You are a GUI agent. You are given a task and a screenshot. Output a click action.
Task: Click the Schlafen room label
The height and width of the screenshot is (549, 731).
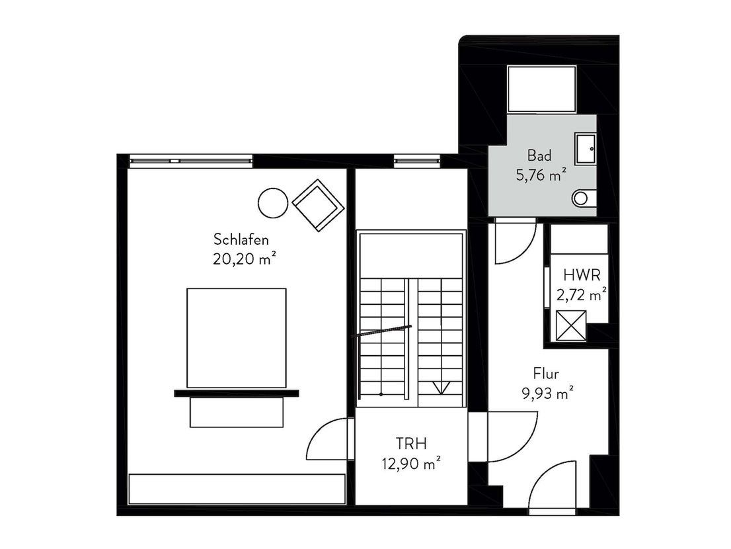(241, 239)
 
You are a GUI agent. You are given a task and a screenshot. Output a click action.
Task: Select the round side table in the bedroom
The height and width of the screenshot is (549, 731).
(273, 202)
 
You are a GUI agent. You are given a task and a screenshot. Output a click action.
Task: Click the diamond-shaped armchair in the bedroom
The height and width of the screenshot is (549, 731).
(319, 205)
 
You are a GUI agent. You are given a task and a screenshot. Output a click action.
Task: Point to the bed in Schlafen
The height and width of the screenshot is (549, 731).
(237, 338)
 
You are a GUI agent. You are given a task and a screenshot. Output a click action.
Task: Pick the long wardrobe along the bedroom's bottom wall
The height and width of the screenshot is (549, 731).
(237, 489)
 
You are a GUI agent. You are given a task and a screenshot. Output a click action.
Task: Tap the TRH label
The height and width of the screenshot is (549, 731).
(411, 443)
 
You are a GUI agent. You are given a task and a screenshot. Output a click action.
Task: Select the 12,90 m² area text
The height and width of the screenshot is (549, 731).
(411, 463)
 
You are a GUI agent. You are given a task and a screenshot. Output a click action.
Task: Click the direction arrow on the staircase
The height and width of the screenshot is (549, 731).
(441, 388)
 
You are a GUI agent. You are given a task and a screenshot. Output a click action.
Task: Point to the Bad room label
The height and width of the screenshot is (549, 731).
(539, 155)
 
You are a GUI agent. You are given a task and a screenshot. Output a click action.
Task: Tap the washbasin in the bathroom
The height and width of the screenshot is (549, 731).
(585, 149)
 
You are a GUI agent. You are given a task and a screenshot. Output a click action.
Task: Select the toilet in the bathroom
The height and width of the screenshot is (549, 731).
(584, 198)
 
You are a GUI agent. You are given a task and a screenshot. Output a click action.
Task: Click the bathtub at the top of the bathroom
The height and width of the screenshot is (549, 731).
(542, 89)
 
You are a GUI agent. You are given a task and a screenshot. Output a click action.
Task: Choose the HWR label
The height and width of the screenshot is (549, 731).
(582, 275)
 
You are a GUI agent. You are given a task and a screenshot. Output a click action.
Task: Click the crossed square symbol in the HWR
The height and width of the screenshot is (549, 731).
(571, 325)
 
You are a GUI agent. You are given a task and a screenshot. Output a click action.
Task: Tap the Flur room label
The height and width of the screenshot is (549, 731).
(546, 374)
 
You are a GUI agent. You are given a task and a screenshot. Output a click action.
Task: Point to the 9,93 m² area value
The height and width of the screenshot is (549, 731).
(547, 394)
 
